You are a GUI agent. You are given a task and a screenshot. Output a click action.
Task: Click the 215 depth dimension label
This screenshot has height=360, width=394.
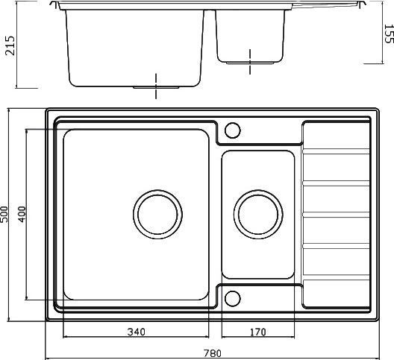point(10,45)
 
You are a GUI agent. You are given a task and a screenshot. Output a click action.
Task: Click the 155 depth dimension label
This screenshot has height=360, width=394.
point(389,34)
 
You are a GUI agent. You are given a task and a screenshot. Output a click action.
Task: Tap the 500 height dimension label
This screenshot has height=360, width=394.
point(4,214)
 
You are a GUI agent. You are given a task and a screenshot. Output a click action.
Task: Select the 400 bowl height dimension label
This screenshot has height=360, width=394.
point(22,214)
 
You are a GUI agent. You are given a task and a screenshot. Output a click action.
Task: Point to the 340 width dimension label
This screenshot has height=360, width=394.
point(137,332)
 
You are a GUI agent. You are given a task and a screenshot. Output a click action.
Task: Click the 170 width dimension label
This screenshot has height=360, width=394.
point(257,332)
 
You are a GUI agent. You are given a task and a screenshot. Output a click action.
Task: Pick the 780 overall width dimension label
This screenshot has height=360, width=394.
point(213,353)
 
